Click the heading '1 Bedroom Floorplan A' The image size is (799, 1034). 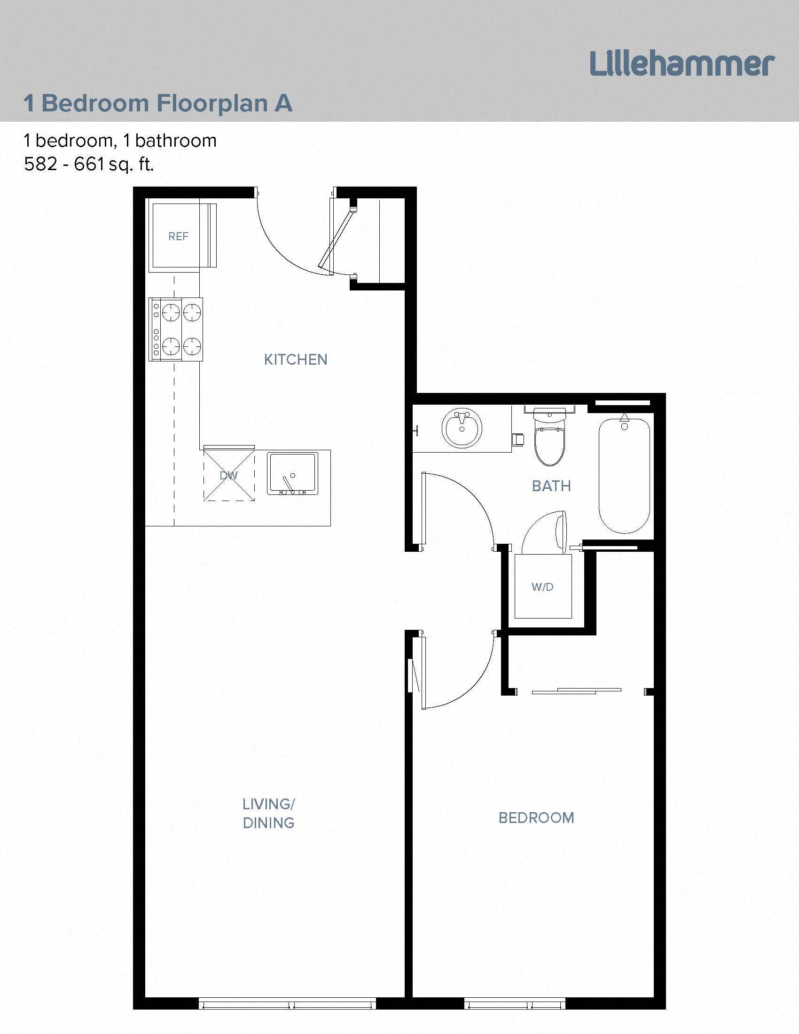[x=158, y=103]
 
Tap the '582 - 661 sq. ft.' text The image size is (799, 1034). [x=89, y=164]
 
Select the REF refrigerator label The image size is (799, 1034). [x=179, y=236]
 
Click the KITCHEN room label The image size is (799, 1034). [x=295, y=360]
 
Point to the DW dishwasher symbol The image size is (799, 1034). [x=229, y=475]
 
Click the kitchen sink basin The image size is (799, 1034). [x=292, y=474]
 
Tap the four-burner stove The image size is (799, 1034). [x=176, y=329]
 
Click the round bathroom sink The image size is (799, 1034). [x=462, y=428]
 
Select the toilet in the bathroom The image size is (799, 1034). [x=549, y=440]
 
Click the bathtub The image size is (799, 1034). [x=624, y=476]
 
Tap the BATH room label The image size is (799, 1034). [x=551, y=486]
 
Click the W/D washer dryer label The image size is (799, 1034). [x=542, y=587]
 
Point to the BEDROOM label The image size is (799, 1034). [x=536, y=818]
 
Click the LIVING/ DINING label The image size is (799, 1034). [x=268, y=814]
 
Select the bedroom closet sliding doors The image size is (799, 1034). [x=577, y=691]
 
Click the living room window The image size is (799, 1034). [x=287, y=1003]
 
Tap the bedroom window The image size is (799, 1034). [x=515, y=1003]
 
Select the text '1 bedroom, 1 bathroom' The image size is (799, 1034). [x=120, y=141]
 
